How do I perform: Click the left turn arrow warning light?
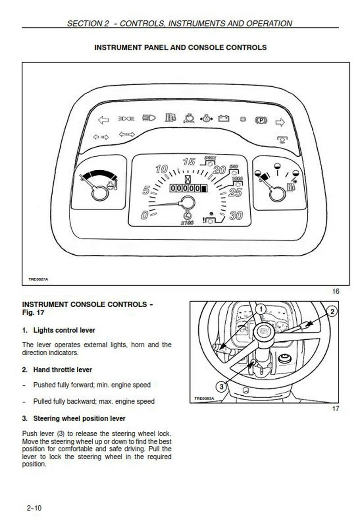tap(103, 120)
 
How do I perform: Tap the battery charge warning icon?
tap(224, 119)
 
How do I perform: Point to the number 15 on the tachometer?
tap(189, 162)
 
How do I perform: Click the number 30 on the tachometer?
tap(236, 216)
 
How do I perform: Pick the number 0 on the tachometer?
tap(144, 215)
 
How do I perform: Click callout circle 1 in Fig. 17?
tap(260, 309)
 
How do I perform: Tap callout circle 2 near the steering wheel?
tap(332, 312)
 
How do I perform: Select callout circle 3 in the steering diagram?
tap(221, 386)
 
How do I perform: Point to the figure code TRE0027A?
tap(38, 279)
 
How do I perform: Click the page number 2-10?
tap(34, 508)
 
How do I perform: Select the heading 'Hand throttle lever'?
tap(63, 370)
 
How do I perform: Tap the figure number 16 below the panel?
tap(335, 291)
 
